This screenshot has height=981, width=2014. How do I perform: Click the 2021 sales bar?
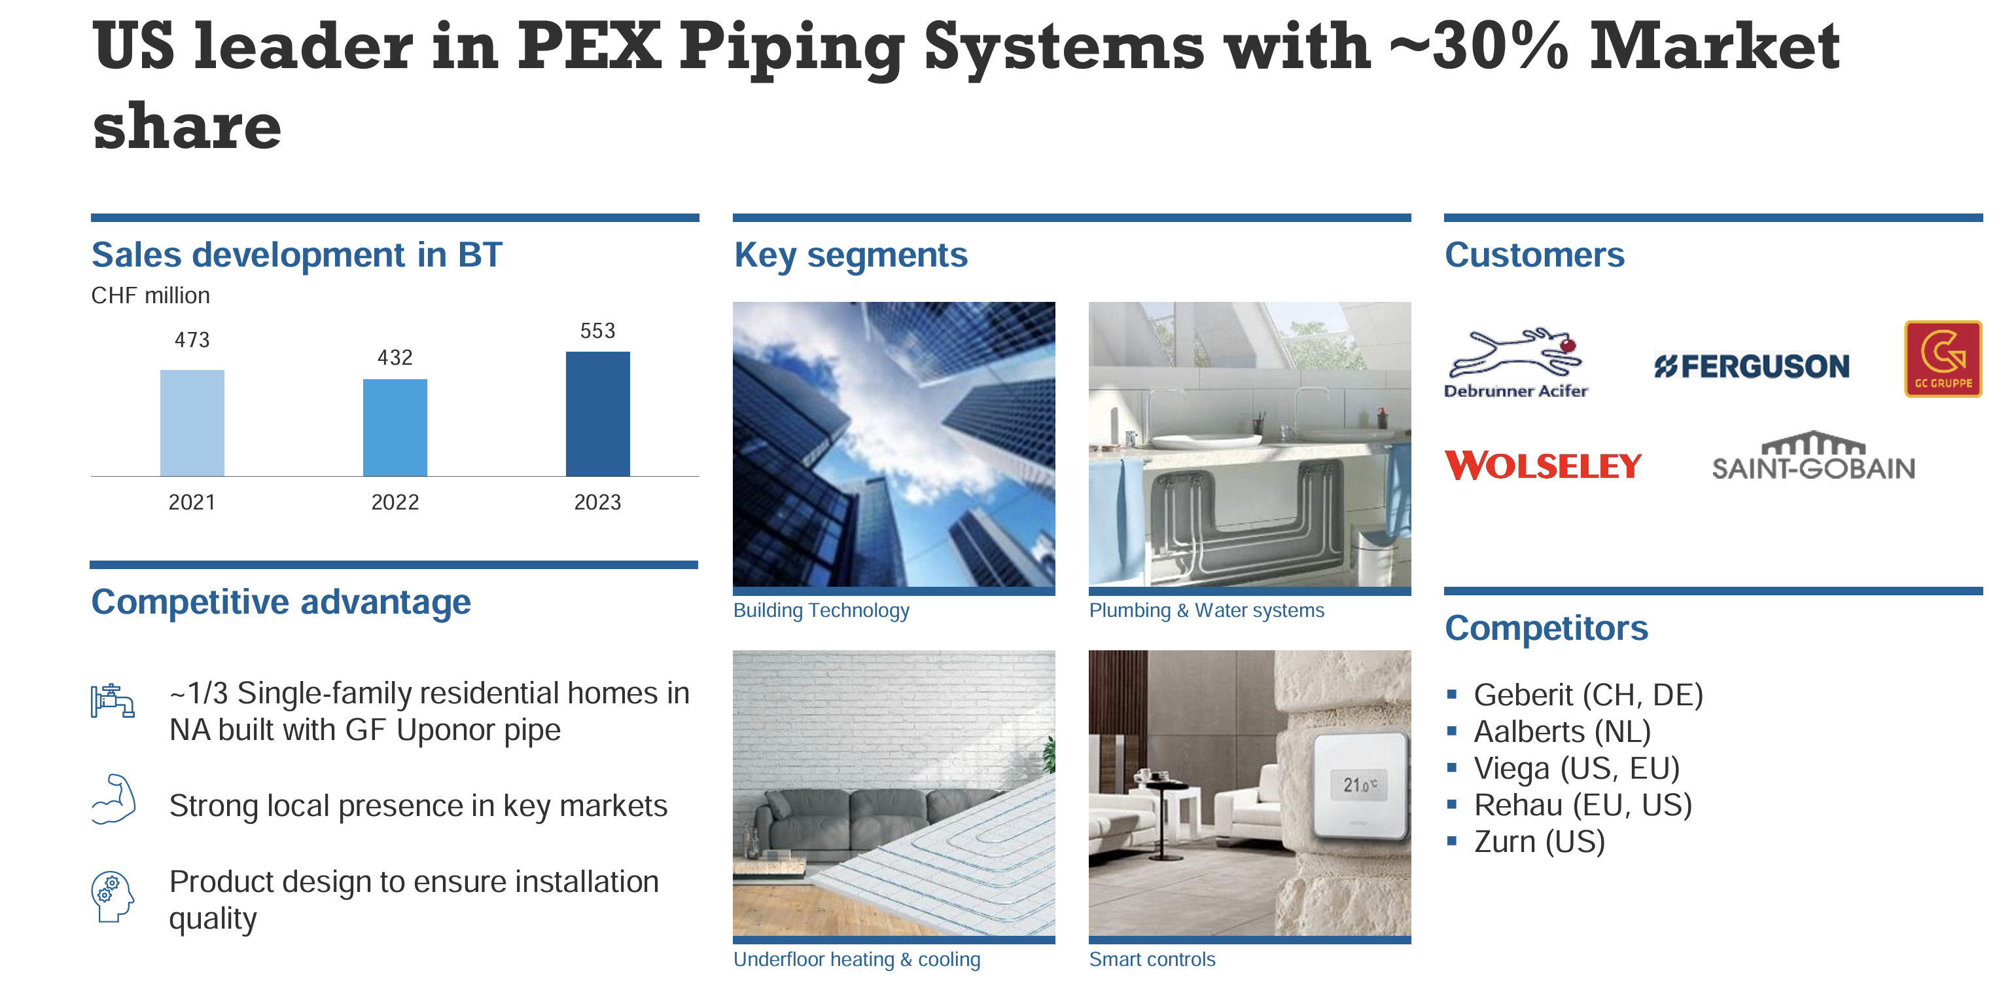tap(192, 422)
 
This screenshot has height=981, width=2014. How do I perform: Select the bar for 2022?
tap(395, 427)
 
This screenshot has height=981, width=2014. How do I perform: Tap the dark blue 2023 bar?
tap(597, 414)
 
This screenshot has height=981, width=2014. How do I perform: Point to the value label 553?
tap(597, 330)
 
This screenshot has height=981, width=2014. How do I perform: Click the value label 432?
tap(395, 358)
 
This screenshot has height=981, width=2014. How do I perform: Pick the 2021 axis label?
tap(192, 502)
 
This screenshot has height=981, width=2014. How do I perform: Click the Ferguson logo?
tap(1752, 366)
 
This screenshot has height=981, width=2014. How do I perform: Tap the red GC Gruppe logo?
tap(1943, 359)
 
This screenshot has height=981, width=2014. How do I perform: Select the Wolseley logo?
tap(1542, 466)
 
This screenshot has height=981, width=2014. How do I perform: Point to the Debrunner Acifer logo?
tap(1516, 363)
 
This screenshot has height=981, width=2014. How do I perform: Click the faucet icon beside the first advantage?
tap(113, 700)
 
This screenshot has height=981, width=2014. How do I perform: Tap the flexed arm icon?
tap(114, 799)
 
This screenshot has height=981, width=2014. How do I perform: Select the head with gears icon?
tap(113, 897)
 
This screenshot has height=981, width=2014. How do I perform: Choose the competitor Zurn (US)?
tap(1539, 842)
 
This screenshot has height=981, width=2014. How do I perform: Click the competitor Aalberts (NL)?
tap(1562, 731)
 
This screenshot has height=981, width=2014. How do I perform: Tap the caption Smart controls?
tap(1152, 959)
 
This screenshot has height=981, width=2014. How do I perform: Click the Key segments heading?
tap(851, 255)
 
